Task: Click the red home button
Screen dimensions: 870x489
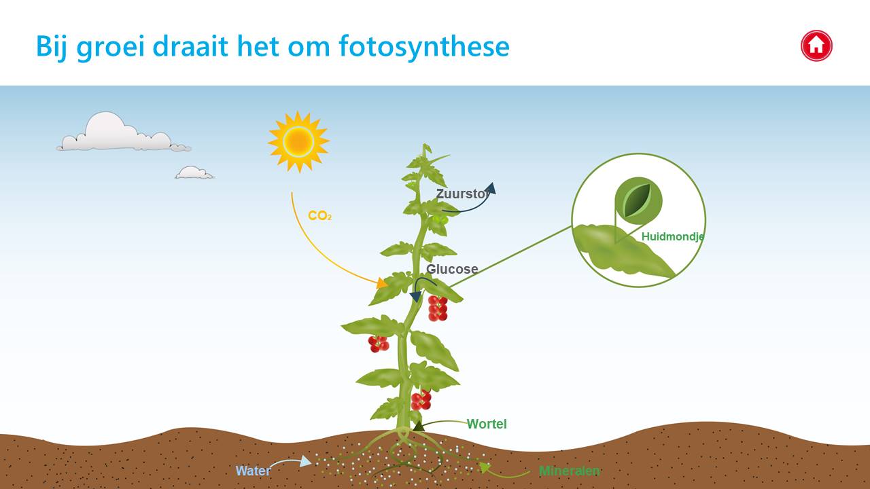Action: pos(816,46)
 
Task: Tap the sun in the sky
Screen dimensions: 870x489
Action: pos(298,142)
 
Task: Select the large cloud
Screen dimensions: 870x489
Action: pos(123,132)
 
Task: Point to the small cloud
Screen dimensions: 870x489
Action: pos(194,173)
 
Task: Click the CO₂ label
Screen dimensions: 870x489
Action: pos(319,216)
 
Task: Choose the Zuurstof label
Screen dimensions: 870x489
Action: pos(462,194)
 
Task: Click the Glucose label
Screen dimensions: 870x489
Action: pos(452,269)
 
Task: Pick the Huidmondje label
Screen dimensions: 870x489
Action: pos(673,236)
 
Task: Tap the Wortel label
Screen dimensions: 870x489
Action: pos(487,424)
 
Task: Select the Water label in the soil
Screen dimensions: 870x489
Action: pos(253,471)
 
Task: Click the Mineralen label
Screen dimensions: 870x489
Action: pos(570,471)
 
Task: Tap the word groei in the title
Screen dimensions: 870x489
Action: pos(110,48)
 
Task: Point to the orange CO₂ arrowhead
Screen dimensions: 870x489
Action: pos(382,283)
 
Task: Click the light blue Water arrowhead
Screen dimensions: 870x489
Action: pos(306,461)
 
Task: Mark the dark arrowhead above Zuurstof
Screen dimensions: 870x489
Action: pos(491,188)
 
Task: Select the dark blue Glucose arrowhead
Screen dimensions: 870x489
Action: pos(415,297)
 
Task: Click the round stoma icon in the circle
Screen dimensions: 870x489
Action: pos(638,200)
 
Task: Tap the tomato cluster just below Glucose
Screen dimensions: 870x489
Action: pos(438,308)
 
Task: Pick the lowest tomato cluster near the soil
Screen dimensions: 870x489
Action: pos(421,400)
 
